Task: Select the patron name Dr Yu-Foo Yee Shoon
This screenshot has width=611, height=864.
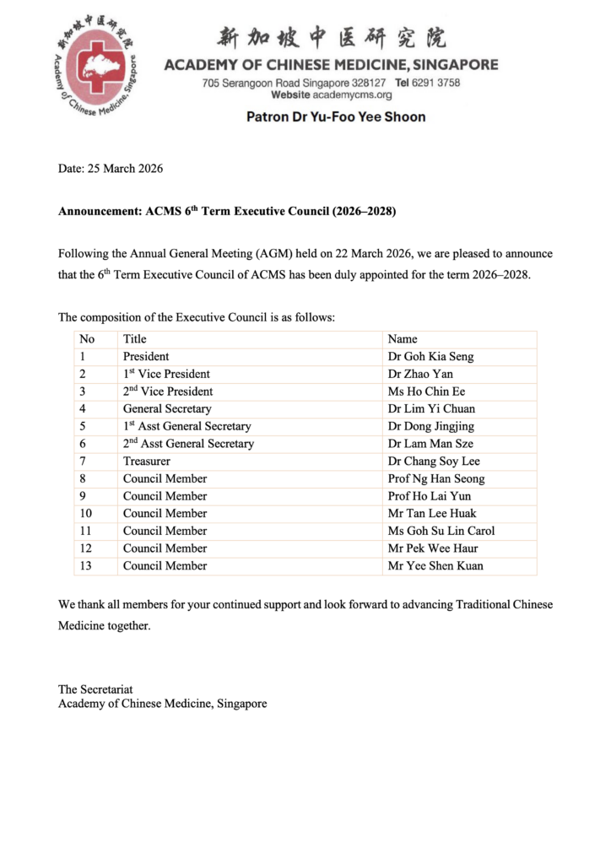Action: [336, 116]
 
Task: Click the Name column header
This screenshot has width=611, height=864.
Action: [403, 339]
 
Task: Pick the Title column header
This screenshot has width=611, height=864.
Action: [134, 339]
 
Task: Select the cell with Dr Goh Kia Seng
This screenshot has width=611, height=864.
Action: [430, 356]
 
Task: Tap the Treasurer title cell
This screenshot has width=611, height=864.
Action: [147, 461]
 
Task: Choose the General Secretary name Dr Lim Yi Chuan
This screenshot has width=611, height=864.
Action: [431, 408]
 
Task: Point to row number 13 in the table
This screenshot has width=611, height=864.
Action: [85, 565]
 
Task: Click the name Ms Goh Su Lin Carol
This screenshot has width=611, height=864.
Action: [441, 531]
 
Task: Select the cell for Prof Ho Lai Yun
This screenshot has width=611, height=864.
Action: [430, 496]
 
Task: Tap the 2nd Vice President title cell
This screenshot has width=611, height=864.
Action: [168, 391]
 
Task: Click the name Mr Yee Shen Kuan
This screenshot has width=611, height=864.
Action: [435, 565]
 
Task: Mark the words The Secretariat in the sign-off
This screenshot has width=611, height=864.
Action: [95, 689]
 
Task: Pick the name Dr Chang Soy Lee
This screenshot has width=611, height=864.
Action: [433, 461]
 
